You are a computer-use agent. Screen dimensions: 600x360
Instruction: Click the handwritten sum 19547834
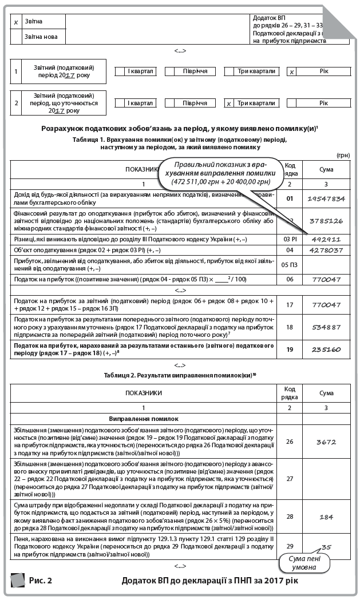[326, 198]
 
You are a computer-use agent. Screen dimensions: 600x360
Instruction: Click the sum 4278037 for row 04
[326, 251]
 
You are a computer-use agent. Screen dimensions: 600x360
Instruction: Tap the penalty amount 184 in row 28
[326, 517]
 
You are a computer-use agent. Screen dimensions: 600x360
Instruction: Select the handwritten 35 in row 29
[326, 547]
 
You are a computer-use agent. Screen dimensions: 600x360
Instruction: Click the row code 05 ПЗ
[290, 265]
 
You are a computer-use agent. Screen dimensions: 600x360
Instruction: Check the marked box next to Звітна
[16, 22]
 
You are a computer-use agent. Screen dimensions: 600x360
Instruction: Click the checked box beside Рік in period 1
[291, 72]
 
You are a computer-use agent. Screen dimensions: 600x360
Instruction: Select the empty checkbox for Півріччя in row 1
[169, 71]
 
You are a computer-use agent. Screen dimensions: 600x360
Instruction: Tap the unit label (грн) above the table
[343, 155]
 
